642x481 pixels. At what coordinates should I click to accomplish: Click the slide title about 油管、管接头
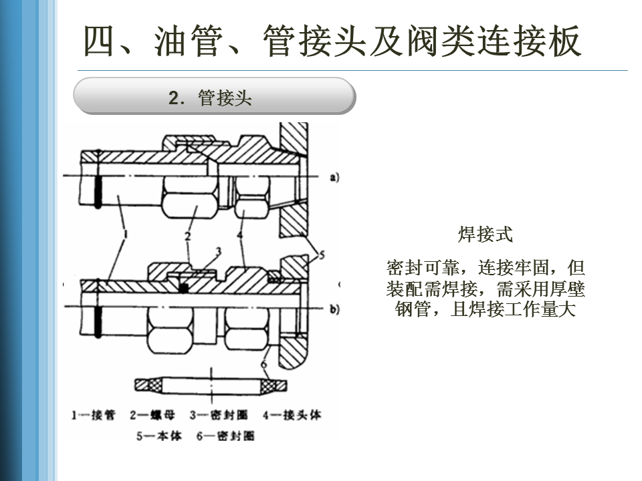coord(332,41)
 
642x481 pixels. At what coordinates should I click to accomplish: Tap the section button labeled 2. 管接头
coord(213,98)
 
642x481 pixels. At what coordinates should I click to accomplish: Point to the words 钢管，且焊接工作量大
coord(486,310)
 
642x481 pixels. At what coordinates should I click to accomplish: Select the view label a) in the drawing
coord(334,177)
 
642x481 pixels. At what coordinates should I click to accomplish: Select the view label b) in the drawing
coord(334,309)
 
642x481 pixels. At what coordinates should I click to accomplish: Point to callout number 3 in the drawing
coord(217,251)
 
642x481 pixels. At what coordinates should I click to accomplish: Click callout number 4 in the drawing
coord(240,235)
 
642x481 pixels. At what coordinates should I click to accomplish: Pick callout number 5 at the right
coord(321,255)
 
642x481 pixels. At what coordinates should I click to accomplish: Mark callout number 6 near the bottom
coord(264,365)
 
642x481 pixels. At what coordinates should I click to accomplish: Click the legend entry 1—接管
coord(94,415)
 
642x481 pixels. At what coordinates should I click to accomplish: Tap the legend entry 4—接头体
coord(292,415)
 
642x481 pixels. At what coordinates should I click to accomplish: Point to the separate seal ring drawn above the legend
coord(211,385)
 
